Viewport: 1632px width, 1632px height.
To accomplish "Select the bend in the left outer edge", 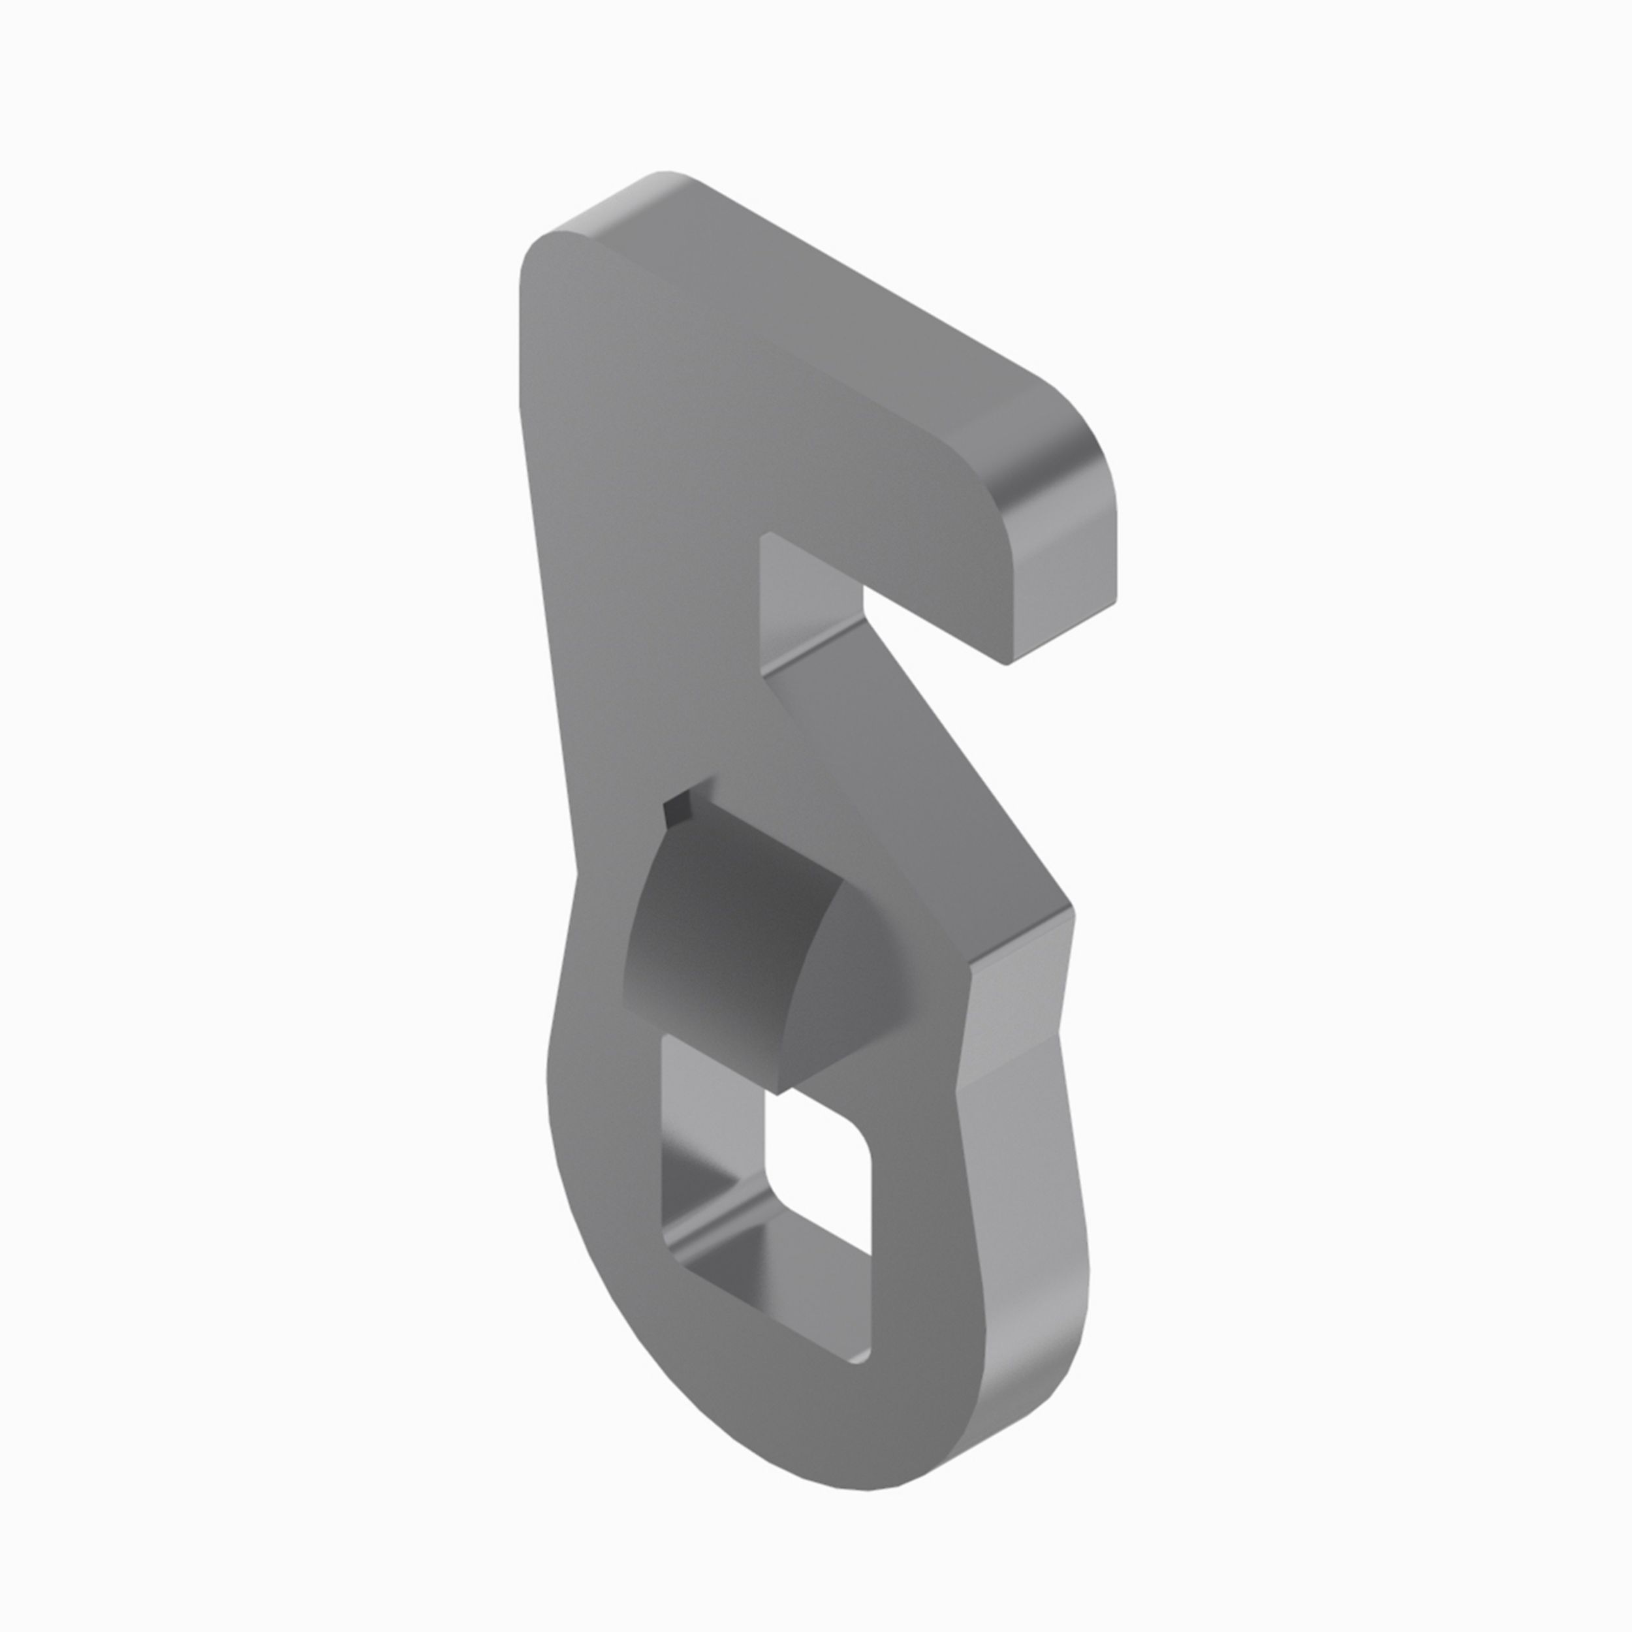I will (577, 874).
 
